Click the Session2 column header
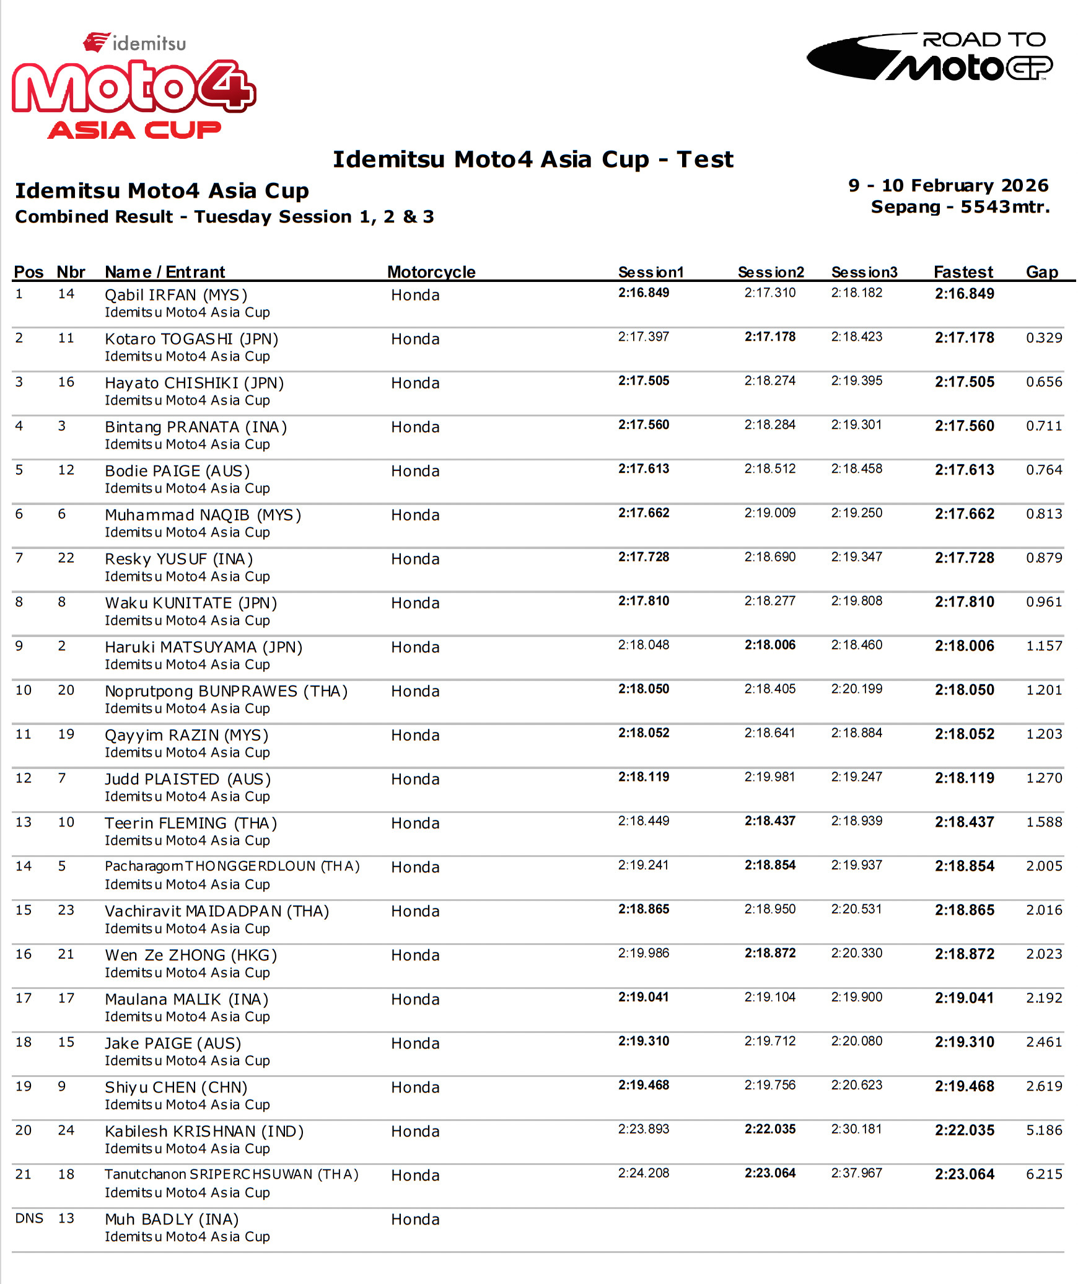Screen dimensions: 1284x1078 (771, 272)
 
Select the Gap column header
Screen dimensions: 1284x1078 (1041, 272)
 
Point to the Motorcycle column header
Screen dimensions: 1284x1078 (431, 272)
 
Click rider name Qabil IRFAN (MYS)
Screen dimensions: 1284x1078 (176, 295)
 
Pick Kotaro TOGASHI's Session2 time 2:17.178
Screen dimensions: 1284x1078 (770, 336)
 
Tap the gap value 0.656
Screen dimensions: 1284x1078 (1044, 382)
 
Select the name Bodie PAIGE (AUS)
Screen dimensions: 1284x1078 (177, 471)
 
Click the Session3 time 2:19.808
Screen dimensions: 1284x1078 (857, 600)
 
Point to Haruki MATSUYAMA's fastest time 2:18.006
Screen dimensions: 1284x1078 (965, 646)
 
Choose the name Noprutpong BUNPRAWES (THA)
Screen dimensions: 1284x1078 (226, 691)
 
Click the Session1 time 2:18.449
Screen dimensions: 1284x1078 (644, 820)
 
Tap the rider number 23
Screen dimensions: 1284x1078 (66, 910)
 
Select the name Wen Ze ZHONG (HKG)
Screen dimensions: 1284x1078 (191, 955)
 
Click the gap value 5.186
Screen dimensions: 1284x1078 (1044, 1130)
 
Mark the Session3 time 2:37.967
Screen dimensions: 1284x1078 (857, 1172)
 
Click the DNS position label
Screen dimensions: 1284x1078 (29, 1218)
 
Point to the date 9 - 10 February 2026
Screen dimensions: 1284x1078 (948, 185)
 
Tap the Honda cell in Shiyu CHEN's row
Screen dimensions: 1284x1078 (415, 1087)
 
